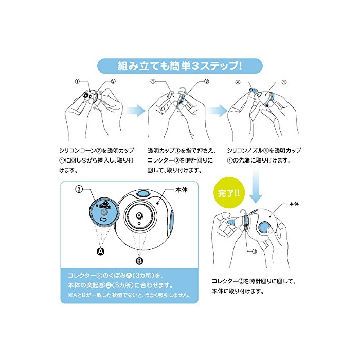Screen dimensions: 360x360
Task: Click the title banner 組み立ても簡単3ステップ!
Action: click(x=179, y=66)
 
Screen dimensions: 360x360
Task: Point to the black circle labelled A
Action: click(x=100, y=251)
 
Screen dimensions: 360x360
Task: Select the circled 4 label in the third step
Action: click(x=238, y=82)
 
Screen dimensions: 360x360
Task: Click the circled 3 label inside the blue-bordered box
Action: click(x=79, y=189)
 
